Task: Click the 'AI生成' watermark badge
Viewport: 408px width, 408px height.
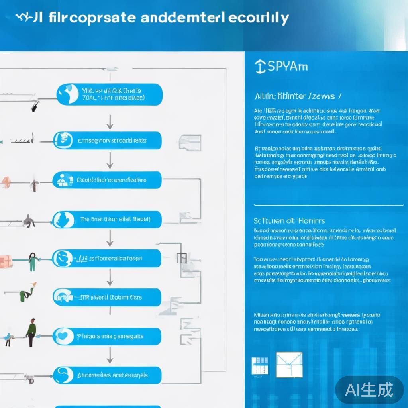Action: (x=369, y=389)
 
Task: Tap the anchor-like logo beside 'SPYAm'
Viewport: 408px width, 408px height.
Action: (x=260, y=67)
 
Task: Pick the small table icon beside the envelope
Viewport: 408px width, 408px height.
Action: (x=260, y=366)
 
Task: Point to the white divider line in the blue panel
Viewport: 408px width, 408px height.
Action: (x=328, y=205)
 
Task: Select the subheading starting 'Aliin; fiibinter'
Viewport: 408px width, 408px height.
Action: (x=297, y=96)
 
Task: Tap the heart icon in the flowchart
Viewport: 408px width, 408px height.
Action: (x=63, y=336)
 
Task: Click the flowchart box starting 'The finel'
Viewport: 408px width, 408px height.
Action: (x=108, y=219)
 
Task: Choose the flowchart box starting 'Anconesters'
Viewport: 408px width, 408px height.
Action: (x=108, y=375)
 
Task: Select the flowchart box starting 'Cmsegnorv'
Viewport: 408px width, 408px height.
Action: (x=108, y=141)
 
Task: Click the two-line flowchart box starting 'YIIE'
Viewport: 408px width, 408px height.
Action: (x=110, y=94)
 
